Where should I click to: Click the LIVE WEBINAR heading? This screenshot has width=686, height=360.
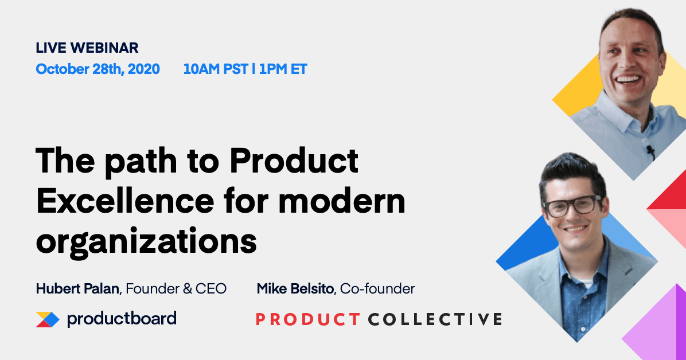[87, 48]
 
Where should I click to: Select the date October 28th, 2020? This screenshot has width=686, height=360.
[98, 69]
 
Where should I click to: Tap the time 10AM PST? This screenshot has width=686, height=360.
[216, 69]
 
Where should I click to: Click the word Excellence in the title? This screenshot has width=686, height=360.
[115, 202]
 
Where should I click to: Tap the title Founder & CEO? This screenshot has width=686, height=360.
[176, 289]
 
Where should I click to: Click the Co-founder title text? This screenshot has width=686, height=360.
[377, 289]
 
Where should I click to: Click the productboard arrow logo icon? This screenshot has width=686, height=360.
[47, 319]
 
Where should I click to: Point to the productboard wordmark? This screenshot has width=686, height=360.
[122, 319]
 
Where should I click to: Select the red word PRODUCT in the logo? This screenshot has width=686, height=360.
[307, 319]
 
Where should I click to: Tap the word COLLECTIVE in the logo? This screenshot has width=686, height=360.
[435, 319]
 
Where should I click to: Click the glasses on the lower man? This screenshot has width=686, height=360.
[571, 205]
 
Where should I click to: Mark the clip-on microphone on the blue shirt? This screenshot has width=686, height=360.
[650, 151]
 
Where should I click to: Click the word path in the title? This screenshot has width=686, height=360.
[153, 162]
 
